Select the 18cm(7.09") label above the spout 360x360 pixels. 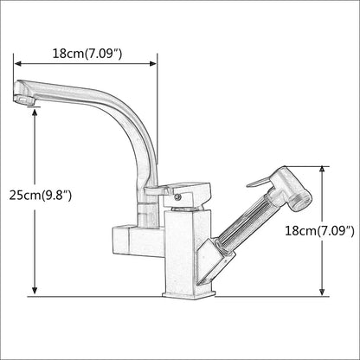[x=87, y=54]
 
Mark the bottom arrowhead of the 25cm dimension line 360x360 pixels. [x=35, y=292]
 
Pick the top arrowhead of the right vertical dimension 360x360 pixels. [x=321, y=170]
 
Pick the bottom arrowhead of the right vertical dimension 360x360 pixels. [x=321, y=292]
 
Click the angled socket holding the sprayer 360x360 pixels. [x=218, y=260]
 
